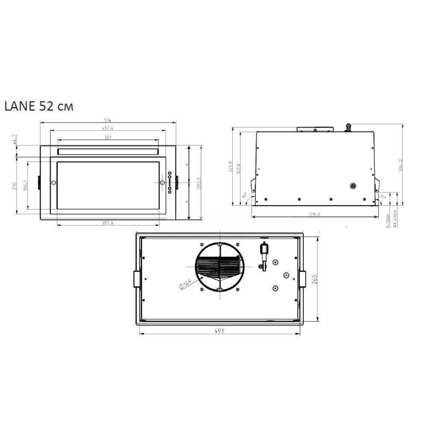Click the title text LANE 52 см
(39, 106)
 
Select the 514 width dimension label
(108, 120)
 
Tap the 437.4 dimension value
(108, 128)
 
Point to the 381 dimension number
(108, 137)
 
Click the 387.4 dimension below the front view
(107, 223)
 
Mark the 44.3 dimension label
(14, 140)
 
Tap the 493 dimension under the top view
(219, 331)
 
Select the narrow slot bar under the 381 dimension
(108, 151)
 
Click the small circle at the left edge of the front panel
(53, 183)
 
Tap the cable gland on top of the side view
(349, 127)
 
